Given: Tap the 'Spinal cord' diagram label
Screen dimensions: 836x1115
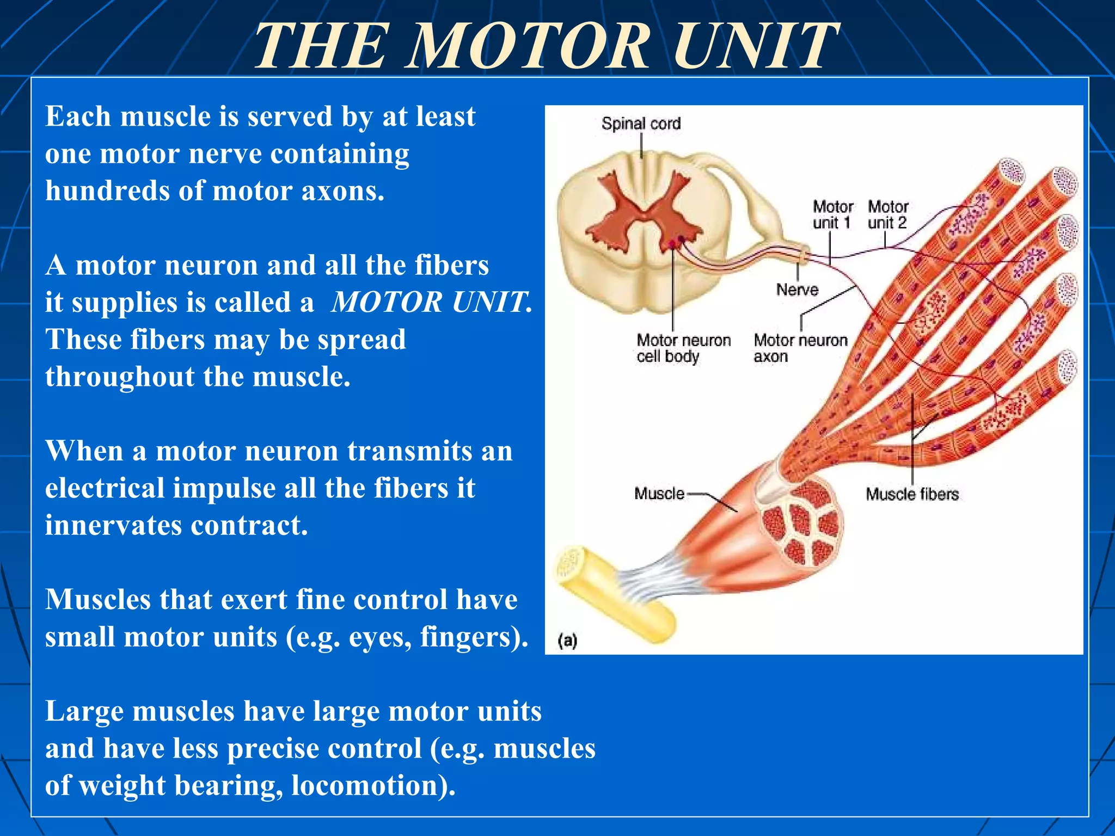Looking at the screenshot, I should pyautogui.click(x=641, y=124).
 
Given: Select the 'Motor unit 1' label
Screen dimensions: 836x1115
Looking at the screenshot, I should pyautogui.click(x=832, y=214).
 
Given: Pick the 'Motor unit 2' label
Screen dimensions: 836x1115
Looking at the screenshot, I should pyautogui.click(x=887, y=214).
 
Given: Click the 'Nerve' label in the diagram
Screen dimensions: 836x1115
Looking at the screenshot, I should pyautogui.click(x=797, y=290).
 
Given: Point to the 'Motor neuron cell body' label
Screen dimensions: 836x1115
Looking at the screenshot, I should pyautogui.click(x=683, y=348).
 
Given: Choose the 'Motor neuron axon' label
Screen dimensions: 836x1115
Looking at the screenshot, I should pyautogui.click(x=800, y=348).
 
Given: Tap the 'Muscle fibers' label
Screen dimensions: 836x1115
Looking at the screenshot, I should pyautogui.click(x=912, y=494).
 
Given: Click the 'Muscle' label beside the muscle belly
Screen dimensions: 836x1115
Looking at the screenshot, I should pyautogui.click(x=659, y=494).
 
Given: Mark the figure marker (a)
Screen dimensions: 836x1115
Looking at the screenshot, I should pyautogui.click(x=567, y=641).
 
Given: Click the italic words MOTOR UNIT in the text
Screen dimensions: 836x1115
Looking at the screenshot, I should pyautogui.click(x=430, y=302).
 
